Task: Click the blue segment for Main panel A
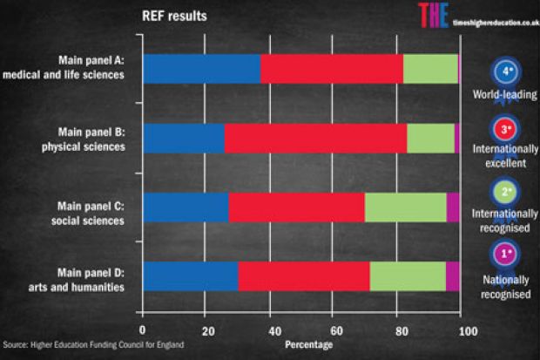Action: coord(201,69)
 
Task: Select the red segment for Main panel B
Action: coord(315,139)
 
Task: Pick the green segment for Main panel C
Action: coord(405,207)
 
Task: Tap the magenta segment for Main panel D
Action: coord(452,275)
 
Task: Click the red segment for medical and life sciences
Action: coord(331,69)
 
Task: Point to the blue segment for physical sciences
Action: coord(183,139)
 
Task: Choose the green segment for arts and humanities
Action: coord(408,275)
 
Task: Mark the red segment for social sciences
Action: coord(296,207)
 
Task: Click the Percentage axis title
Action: coord(308,345)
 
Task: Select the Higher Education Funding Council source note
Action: coord(93,345)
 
